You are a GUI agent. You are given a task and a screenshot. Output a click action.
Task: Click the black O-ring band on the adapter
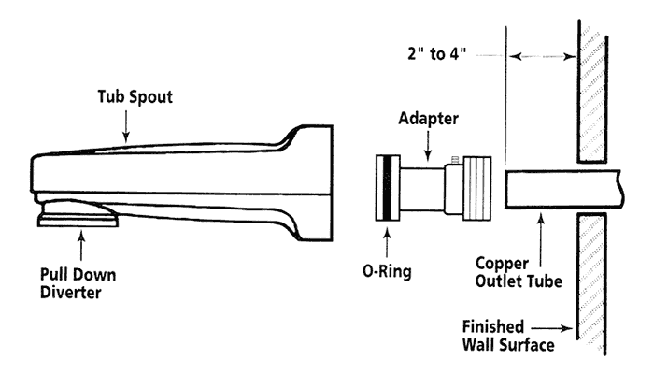(383, 186)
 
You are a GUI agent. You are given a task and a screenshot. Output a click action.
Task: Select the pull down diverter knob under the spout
(78, 218)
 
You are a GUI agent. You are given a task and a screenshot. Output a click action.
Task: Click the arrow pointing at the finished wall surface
(561, 327)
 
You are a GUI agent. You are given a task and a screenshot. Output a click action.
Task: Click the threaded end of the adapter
(477, 186)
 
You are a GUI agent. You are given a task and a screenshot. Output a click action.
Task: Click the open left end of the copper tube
(505, 189)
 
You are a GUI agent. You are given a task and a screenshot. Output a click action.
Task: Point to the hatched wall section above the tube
(591, 93)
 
